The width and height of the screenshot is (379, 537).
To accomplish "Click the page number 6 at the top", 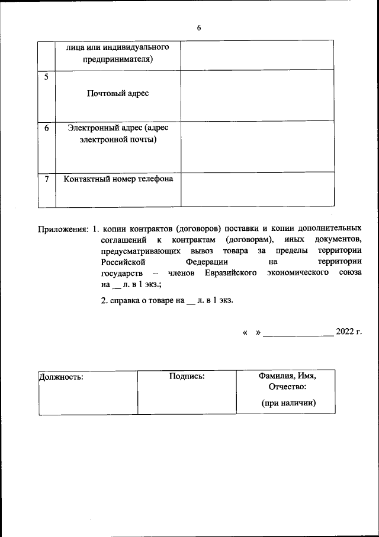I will (199, 28).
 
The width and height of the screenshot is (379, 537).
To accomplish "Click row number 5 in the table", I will (47, 77).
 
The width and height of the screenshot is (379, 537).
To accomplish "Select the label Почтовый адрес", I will (118, 94).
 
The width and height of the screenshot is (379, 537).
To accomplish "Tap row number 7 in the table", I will (47, 179).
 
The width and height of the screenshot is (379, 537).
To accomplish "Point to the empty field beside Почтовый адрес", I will (258, 95).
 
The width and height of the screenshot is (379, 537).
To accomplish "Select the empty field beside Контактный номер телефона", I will (258, 190).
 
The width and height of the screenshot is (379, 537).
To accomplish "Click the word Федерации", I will (207, 262).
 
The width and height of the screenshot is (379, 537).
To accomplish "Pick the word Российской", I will (123, 262).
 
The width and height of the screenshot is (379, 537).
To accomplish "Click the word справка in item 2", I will (125, 300).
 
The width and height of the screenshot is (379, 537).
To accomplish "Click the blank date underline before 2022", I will (298, 332).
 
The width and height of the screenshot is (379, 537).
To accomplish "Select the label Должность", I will (61, 376).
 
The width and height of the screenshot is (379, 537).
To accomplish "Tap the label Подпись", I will (187, 376).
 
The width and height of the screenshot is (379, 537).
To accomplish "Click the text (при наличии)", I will (287, 403).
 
